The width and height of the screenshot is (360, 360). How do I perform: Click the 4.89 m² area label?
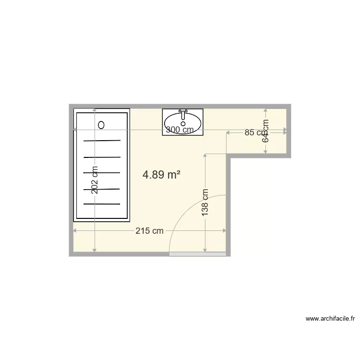click(x=161, y=175)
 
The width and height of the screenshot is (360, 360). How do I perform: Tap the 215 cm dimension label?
click(x=149, y=231)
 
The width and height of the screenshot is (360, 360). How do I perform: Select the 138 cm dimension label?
click(x=205, y=202)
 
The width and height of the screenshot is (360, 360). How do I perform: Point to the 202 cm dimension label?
click(x=95, y=180)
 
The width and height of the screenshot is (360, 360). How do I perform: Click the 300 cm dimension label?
click(x=180, y=130)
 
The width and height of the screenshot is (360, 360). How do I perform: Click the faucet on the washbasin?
click(x=183, y=114)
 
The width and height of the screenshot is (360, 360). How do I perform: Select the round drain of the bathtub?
click(x=101, y=125)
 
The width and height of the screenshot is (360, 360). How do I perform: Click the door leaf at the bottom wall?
click(x=198, y=253)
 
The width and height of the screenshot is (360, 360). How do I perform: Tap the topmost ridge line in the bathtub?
click(x=102, y=141)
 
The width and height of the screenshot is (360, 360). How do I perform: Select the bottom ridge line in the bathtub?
click(x=102, y=204)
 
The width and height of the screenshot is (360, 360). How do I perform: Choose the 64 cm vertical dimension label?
click(x=266, y=131)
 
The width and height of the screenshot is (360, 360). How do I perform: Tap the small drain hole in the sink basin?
click(x=183, y=124)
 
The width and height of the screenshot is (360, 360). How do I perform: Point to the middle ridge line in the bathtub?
click(x=102, y=172)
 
